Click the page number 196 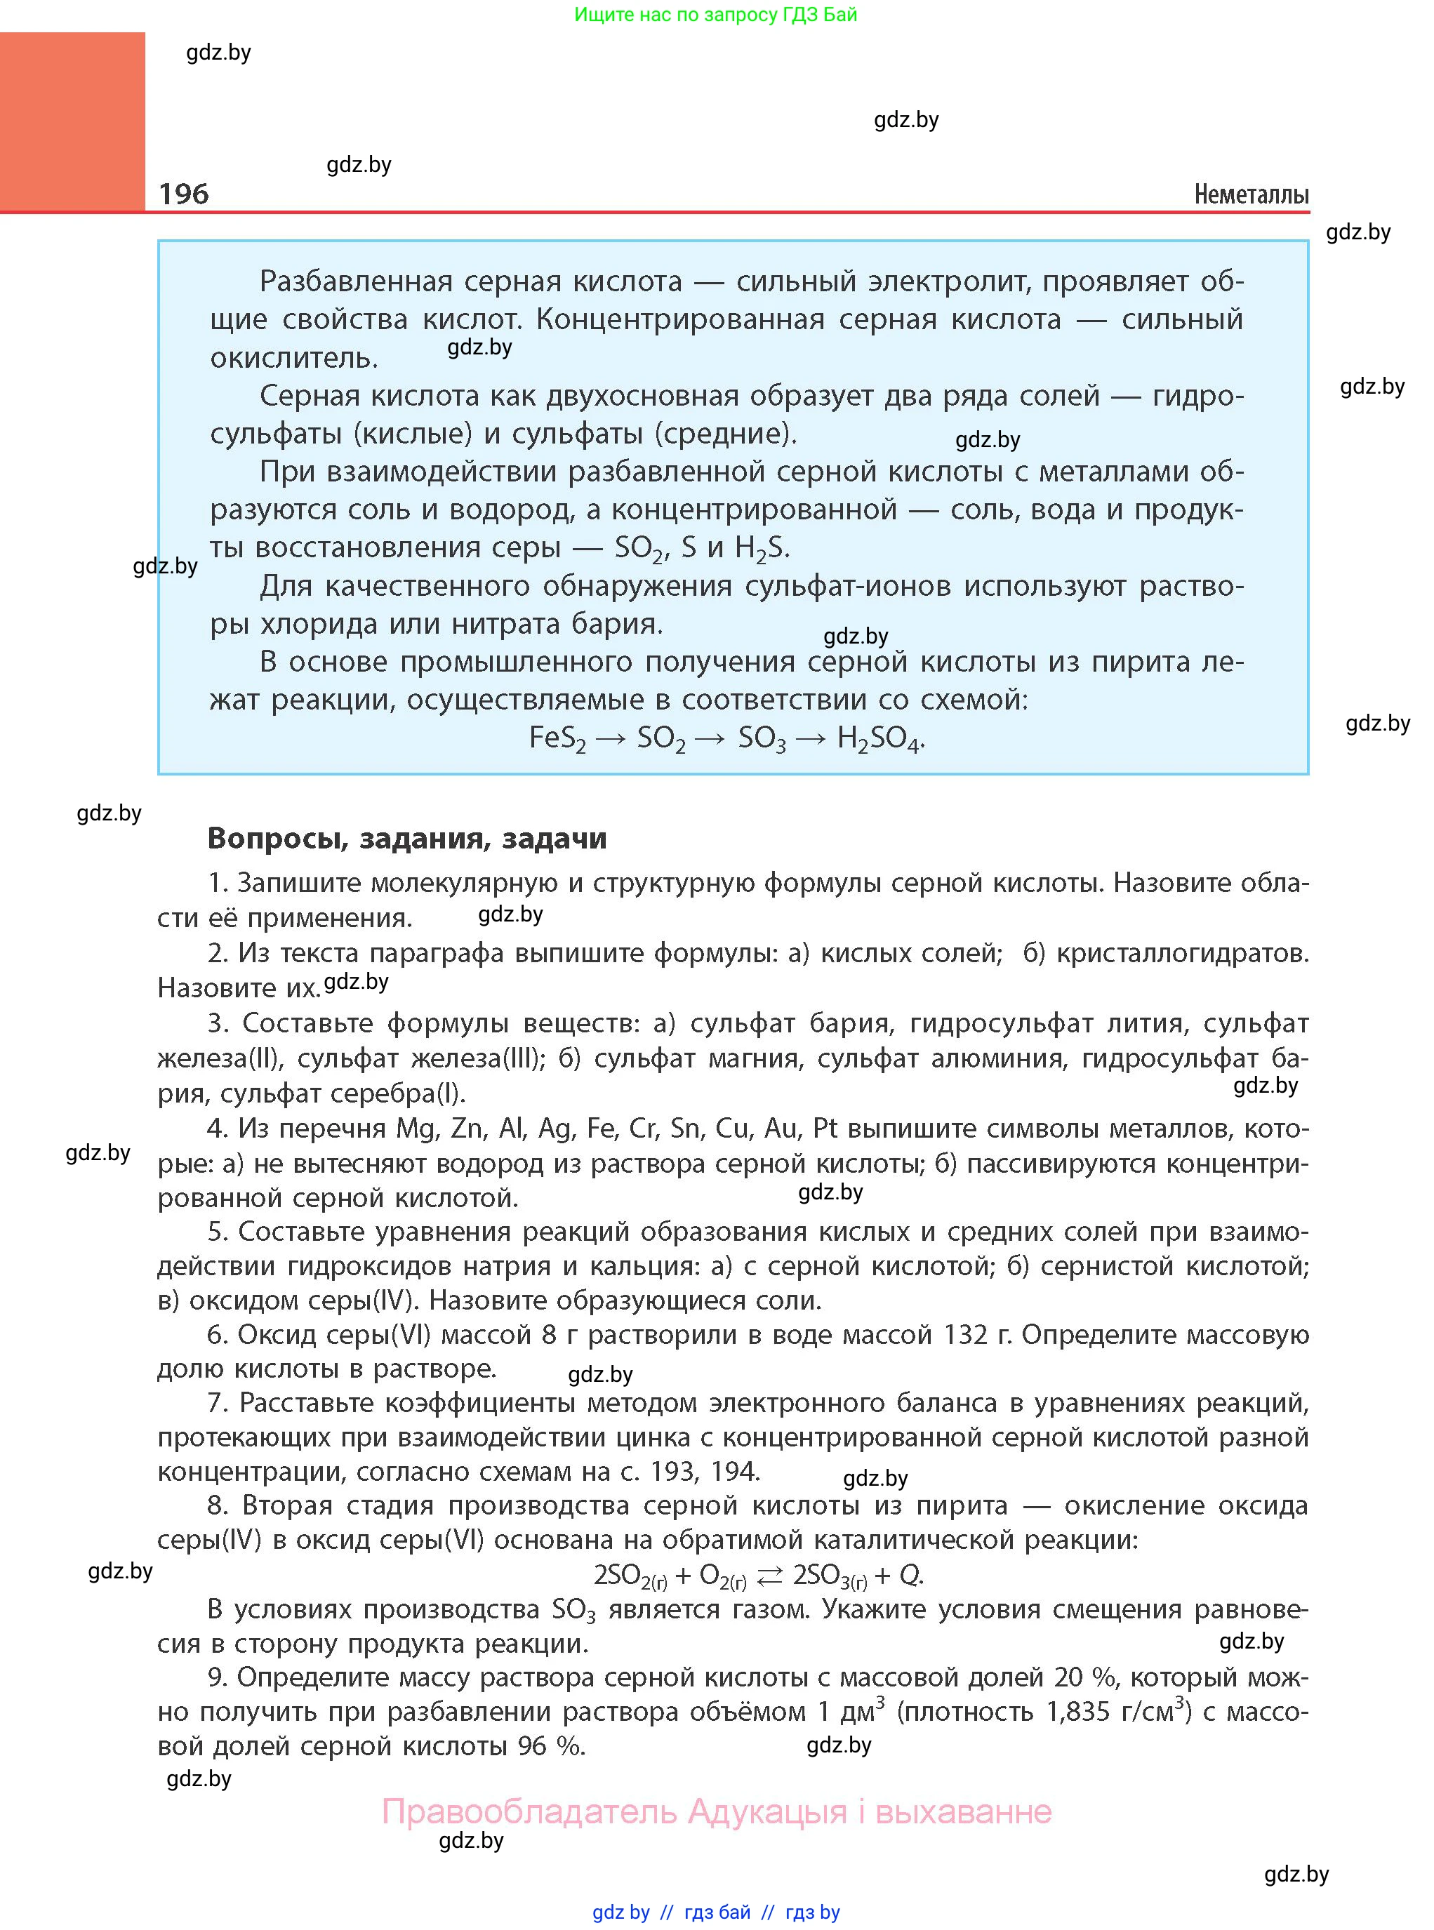coord(184,194)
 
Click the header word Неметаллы coord(1251,194)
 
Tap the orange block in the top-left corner coord(72,121)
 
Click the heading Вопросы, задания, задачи coord(407,838)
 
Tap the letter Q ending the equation coord(909,1575)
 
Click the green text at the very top coord(715,15)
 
